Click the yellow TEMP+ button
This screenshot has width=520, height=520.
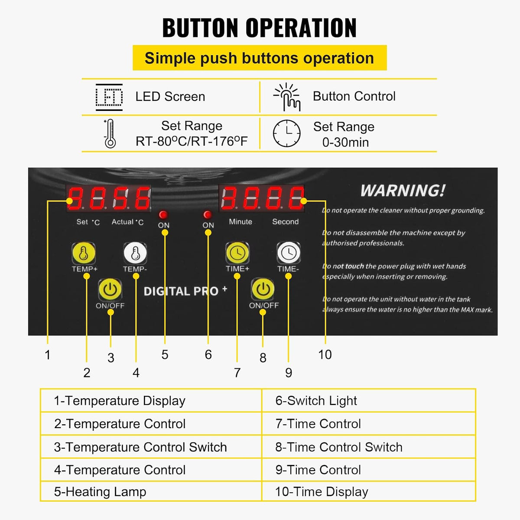[x=84, y=253]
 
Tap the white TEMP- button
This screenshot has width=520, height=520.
[x=135, y=253]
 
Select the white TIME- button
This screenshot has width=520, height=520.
[x=289, y=253]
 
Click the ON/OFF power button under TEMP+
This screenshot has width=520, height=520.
[x=110, y=289]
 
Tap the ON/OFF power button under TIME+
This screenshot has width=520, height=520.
[x=263, y=289]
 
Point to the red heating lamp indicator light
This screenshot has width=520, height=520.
[x=163, y=214]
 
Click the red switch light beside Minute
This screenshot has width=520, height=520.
[x=208, y=214]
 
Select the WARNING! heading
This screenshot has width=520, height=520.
[x=403, y=191]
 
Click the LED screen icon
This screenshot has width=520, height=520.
[x=109, y=97]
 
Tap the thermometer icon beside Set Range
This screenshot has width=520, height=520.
[x=110, y=133]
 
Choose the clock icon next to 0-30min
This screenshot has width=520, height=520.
[x=286, y=133]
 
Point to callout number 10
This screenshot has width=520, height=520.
[x=325, y=354]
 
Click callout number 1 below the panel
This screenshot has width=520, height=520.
[x=48, y=355]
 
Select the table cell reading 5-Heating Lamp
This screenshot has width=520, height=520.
[x=151, y=491]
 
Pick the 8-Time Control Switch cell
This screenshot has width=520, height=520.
[x=369, y=447]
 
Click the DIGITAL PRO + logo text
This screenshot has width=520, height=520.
[x=185, y=291]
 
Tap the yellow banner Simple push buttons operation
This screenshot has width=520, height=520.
[x=260, y=58]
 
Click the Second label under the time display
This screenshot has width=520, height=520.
[x=286, y=221]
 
